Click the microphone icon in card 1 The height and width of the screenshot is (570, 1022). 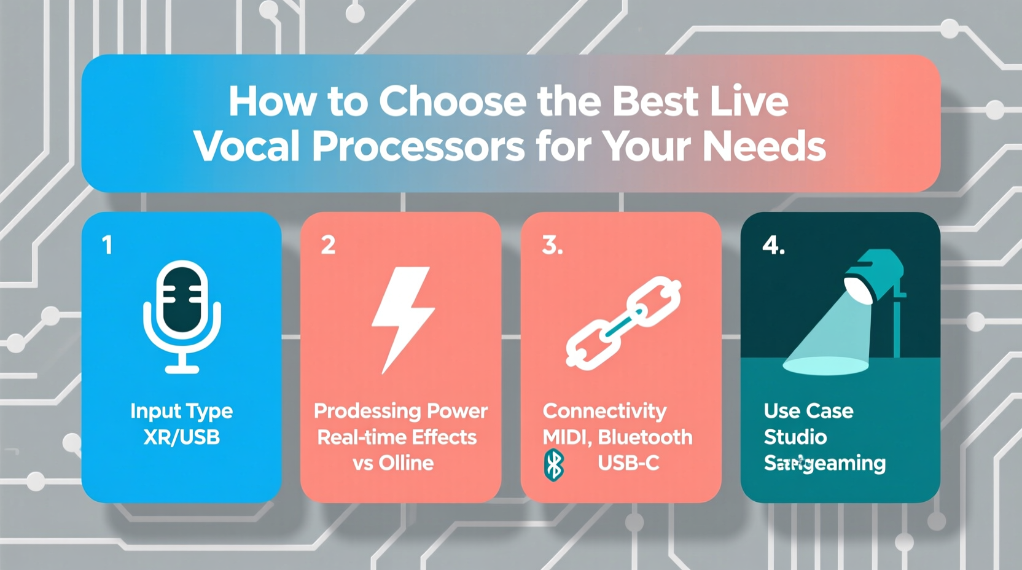coord(182,316)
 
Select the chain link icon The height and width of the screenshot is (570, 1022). coord(623,322)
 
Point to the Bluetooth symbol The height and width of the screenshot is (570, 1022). coord(554,465)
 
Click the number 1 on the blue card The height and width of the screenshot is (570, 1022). coord(107,245)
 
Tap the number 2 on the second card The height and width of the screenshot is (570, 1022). coord(328,245)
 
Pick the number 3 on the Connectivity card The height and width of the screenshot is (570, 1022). coord(552,245)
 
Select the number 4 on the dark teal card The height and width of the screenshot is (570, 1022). coord(773,245)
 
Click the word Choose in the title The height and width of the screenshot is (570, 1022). coord(453,101)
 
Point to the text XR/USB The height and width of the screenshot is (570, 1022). coord(181,437)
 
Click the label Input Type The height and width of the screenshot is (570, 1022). coord(181,410)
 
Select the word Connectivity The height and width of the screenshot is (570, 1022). coord(604,410)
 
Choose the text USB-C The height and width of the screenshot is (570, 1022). coord(628,463)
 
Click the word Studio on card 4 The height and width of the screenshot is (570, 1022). coord(795,437)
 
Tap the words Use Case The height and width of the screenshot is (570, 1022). coord(808,410)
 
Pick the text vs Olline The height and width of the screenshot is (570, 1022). coord(393,463)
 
